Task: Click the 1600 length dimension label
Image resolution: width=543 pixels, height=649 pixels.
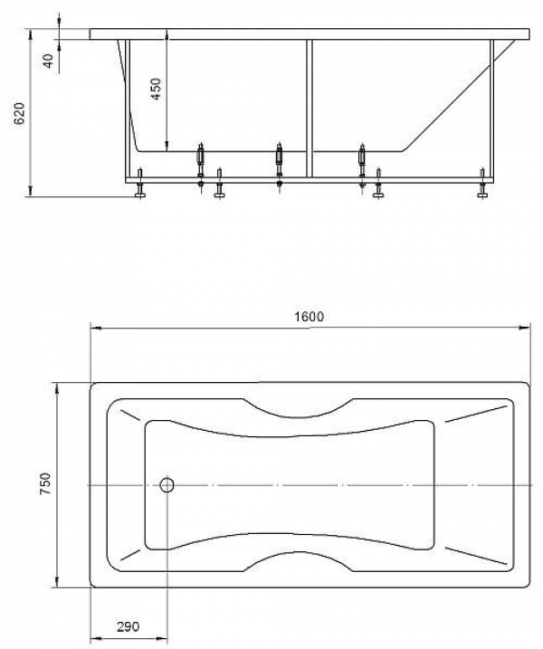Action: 310,317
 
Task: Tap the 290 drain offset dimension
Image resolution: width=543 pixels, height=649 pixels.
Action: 128,626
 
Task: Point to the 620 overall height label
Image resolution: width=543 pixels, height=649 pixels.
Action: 19,113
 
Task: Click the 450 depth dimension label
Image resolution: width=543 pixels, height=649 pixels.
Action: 156,89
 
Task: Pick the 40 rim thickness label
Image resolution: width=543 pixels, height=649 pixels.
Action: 49,62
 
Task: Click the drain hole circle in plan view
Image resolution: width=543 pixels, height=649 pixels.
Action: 167,484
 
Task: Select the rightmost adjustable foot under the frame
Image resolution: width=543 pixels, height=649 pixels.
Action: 482,183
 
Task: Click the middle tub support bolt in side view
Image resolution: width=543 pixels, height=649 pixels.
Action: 280,166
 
